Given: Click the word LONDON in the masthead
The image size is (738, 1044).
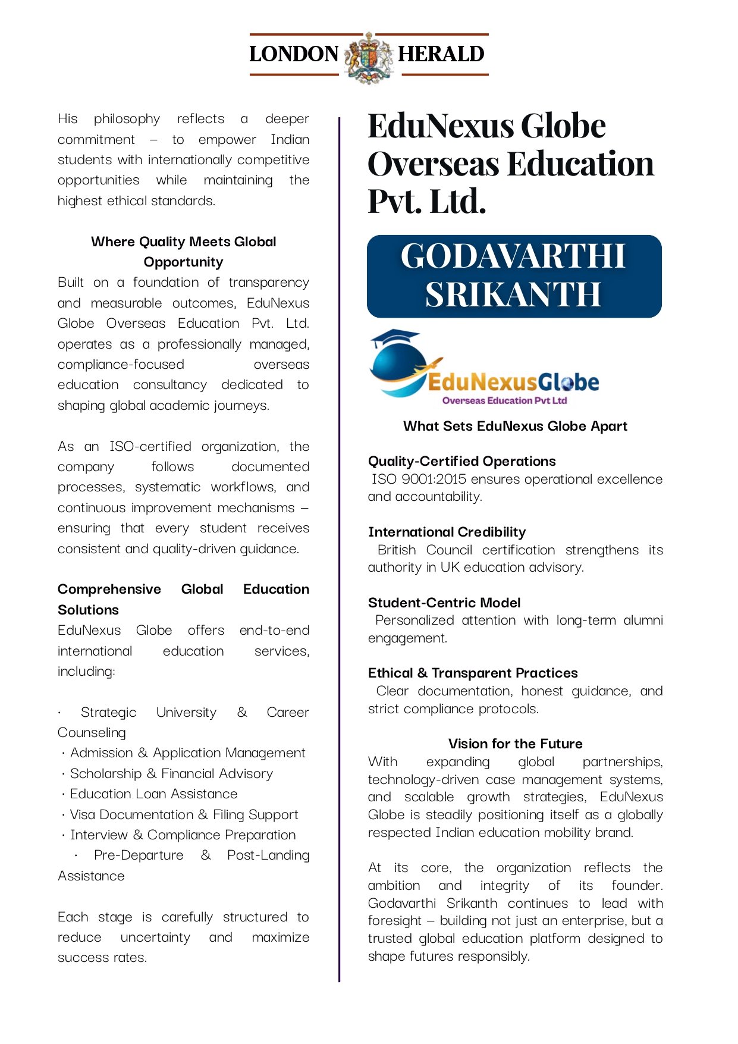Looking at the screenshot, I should tap(294, 54).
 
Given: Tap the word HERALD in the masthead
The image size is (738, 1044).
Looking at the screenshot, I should tap(441, 54).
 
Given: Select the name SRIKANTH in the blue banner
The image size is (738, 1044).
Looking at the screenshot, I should tap(513, 294).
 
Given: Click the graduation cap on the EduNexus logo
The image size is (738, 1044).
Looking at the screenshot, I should tap(394, 338).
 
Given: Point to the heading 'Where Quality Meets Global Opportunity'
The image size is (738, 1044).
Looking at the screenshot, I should tap(183, 252).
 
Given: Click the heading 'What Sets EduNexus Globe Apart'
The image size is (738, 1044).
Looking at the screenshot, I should tap(515, 426).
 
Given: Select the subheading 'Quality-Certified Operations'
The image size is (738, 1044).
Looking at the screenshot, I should tap(461, 461).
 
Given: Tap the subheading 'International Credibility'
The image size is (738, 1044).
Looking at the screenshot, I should tap(447, 532).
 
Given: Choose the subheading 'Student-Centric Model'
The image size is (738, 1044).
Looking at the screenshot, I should tap(444, 603).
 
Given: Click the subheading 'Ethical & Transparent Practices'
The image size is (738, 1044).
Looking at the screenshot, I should tap(473, 673).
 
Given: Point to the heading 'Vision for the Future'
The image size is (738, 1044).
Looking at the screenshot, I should tap(515, 744).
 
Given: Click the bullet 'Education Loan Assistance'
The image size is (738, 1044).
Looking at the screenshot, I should tap(153, 794).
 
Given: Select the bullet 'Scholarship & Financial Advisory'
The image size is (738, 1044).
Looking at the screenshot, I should tap(171, 773).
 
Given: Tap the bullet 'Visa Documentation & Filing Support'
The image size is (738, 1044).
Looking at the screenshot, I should tap(184, 814).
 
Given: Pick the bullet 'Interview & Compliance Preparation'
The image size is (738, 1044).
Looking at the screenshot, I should tap(183, 835).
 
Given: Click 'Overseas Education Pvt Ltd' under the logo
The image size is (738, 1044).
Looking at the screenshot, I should tap(504, 400).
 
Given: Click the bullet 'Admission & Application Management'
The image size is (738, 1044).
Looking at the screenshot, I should tap(187, 753).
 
